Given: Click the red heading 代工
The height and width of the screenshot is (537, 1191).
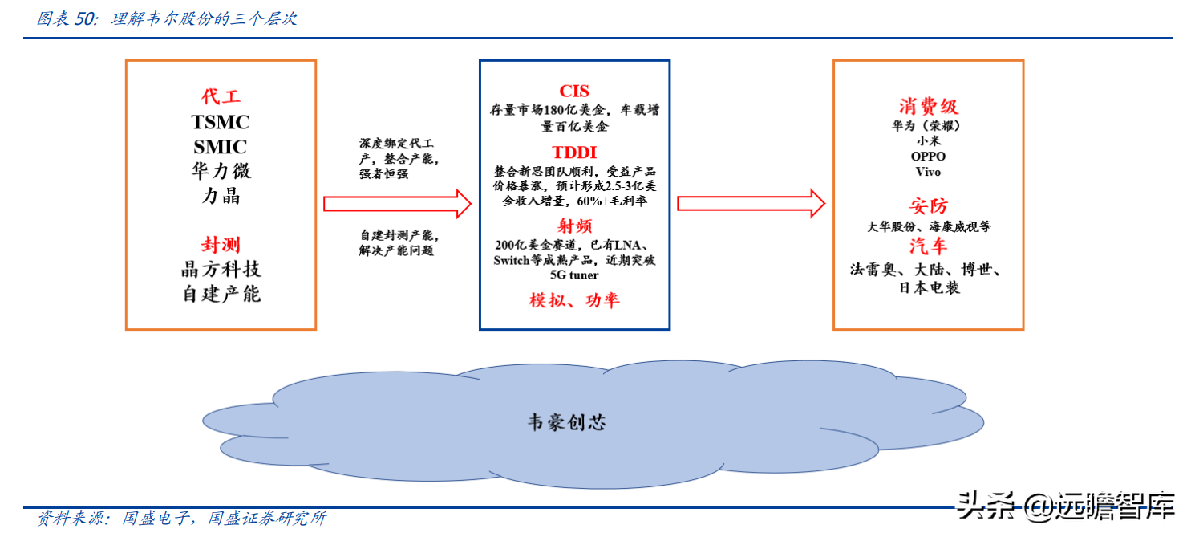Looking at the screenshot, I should [x=221, y=96].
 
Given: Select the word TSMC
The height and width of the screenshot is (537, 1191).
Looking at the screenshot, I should [x=221, y=122].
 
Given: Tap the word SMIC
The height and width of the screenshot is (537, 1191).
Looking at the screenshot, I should [x=221, y=147].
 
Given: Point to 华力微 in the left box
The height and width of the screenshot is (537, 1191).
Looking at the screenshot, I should [x=221, y=171].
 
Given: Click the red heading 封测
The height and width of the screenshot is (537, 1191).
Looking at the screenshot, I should [x=221, y=245].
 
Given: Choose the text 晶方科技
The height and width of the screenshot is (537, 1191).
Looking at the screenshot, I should [x=221, y=269].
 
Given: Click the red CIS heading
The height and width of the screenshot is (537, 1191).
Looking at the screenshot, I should [x=574, y=91].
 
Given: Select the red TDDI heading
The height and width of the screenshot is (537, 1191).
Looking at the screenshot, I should [x=574, y=153].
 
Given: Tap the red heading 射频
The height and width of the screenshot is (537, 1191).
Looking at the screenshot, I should [x=574, y=225].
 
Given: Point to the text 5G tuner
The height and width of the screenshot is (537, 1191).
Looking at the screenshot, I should [x=574, y=275].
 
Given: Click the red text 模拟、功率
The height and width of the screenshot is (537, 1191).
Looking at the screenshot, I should [x=574, y=300].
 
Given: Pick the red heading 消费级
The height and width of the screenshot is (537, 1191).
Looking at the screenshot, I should [x=928, y=107].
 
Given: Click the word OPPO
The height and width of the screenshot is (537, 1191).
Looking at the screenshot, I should [x=928, y=157].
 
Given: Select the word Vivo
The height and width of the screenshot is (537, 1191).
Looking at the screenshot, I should [x=928, y=172].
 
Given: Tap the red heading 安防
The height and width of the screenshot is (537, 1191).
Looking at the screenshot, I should [x=928, y=205].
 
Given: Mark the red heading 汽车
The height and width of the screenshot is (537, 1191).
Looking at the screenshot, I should [x=928, y=246].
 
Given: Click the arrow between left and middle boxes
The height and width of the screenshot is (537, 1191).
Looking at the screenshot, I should [x=396, y=204].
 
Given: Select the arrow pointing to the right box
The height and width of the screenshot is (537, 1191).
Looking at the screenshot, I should [x=751, y=204].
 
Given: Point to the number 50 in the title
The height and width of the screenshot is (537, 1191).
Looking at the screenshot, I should [x=84, y=18].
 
